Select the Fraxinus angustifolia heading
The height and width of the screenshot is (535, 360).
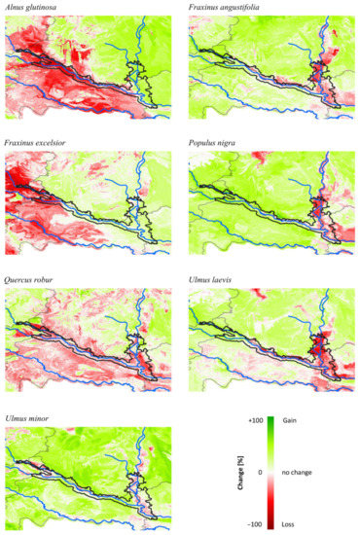226,8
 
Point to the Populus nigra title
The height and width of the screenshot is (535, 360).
215,142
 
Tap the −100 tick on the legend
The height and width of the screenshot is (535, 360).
256,522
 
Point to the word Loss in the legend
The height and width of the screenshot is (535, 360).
289,522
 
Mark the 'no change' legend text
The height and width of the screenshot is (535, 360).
297,472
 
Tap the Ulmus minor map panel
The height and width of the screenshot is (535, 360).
88,472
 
